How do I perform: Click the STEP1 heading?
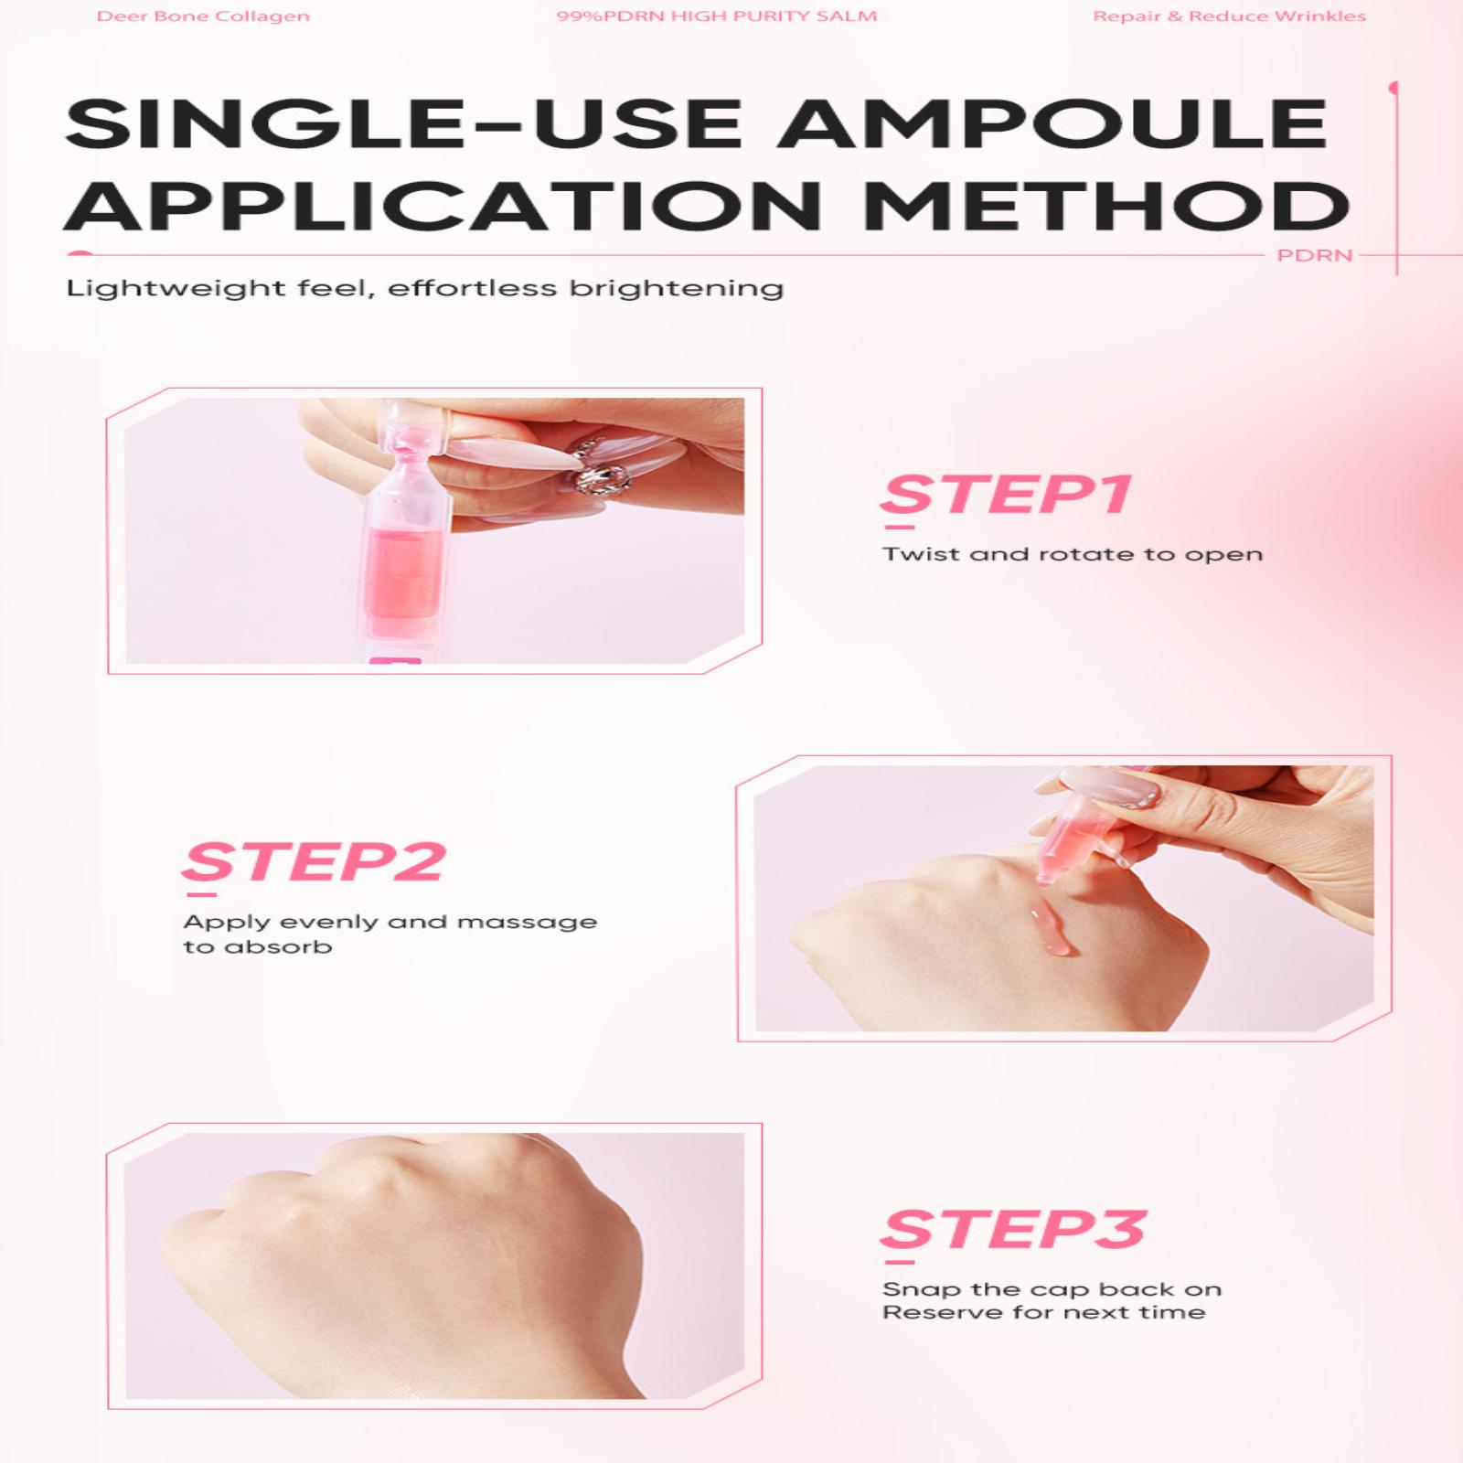(1006, 496)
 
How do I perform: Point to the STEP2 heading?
(315, 863)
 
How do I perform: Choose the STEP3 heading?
(1013, 1230)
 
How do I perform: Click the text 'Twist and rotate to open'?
(1073, 554)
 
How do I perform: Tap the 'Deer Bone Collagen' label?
(203, 16)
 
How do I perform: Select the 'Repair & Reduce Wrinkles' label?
(1229, 16)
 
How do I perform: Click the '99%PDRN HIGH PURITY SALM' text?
(716, 16)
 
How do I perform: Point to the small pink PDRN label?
(1314, 255)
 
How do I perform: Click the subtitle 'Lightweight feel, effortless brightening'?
(424, 289)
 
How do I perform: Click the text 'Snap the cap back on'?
(1052, 1289)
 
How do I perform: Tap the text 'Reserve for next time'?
(1043, 1312)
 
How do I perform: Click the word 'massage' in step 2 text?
(527, 923)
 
